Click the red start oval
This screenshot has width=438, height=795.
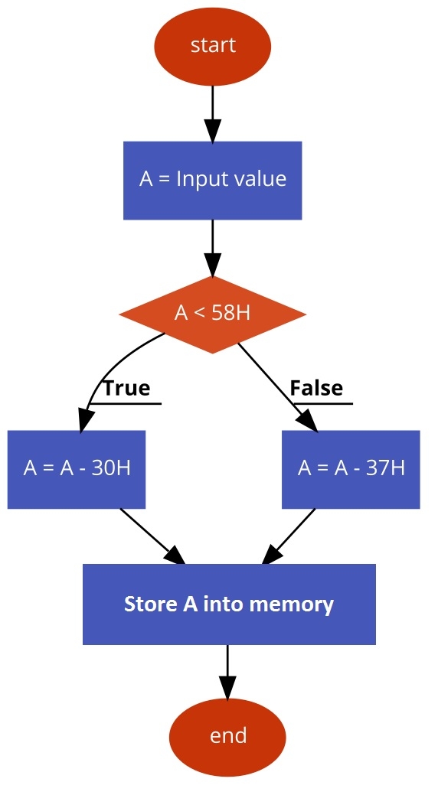[x=213, y=46]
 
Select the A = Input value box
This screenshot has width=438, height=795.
[x=213, y=180]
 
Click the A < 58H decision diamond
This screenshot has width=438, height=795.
[x=213, y=314]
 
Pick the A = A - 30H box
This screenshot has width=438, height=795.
[x=77, y=469]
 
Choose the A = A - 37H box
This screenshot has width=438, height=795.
[x=351, y=469]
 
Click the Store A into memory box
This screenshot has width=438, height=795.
[x=229, y=604]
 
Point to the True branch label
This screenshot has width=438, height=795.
[x=127, y=388]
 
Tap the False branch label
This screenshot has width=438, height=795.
[x=316, y=388]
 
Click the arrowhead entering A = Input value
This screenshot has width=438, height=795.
[x=213, y=131]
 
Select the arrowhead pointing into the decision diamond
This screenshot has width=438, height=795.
[x=213, y=264]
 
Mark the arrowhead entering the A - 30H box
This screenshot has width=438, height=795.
[x=86, y=420]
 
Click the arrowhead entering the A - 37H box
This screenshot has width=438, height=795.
[x=308, y=420]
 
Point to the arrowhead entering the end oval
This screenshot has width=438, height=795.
[x=227, y=687]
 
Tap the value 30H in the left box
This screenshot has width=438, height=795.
[x=111, y=468]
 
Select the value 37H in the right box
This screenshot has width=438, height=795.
[x=386, y=468]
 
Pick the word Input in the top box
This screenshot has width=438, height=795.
[x=197, y=180]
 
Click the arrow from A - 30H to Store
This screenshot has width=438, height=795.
[x=152, y=536]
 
